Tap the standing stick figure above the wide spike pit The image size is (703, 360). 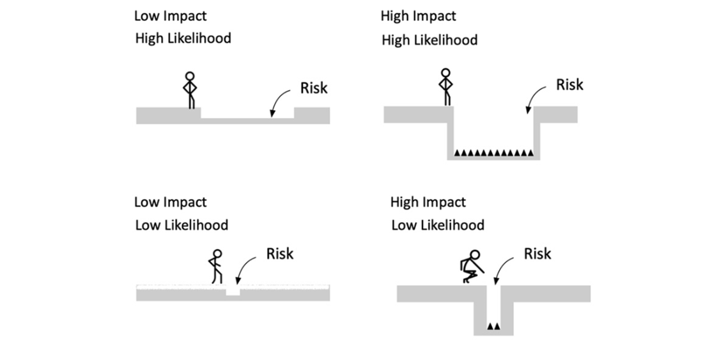point(445,87)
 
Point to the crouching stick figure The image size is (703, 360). point(471,267)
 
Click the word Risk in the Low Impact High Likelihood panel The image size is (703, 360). point(314,88)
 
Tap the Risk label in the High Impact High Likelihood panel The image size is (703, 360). point(569,84)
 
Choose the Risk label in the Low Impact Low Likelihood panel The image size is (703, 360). point(280,254)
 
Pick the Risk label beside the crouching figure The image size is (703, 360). point(537,254)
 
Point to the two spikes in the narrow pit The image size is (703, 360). point(493,326)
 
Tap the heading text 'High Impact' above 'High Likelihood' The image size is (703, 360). point(418,16)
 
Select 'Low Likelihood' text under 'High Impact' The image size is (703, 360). point(438,225)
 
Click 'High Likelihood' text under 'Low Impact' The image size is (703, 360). point(183,38)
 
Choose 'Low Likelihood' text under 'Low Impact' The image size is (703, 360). point(182,225)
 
